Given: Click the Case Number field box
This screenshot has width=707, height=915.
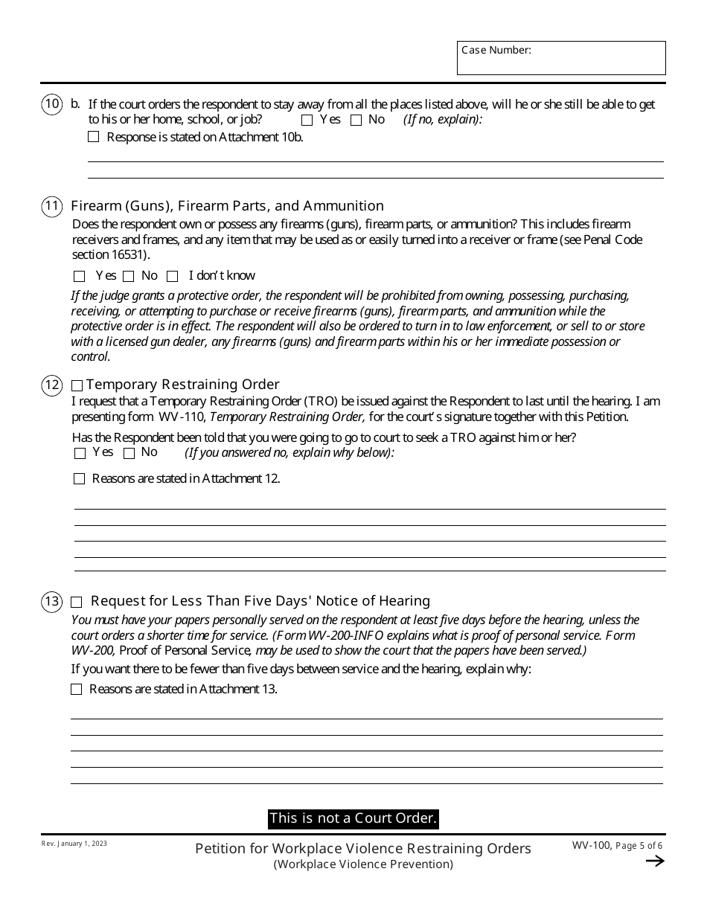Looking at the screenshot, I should coord(561,58).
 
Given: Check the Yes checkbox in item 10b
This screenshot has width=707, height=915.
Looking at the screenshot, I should coord(307,121).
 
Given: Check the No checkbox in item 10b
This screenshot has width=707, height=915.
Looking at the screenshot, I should coord(356,121).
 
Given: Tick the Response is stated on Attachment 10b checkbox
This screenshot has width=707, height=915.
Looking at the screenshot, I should coord(93,137).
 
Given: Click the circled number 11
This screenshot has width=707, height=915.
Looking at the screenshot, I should coord(51,206).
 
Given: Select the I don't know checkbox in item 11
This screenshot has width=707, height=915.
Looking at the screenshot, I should coord(173,277).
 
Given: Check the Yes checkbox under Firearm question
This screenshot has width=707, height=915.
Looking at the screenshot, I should coord(80,277).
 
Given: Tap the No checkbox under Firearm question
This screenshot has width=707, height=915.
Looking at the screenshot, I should coord(129,277).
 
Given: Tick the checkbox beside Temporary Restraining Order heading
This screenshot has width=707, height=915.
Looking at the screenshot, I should coord(77,386).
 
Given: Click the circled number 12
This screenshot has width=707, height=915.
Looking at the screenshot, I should coord(51,385).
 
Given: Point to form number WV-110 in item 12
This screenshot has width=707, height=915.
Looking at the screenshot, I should coord(177,417).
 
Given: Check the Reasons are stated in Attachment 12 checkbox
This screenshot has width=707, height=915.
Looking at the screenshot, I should coord(80,479).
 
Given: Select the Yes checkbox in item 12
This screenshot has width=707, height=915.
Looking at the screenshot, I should coord(80,453).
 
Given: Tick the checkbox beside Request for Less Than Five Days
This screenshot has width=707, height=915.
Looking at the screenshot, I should coord(77,602).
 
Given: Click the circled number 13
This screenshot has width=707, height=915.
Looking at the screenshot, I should coord(51,601).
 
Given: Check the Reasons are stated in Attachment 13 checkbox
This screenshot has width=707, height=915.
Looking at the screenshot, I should coord(77,690).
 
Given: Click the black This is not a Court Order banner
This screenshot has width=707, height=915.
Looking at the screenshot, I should coord(353,818).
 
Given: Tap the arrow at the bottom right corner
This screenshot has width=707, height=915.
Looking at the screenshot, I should coord(654,861).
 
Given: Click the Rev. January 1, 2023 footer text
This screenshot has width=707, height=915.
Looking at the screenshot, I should coord(74,844).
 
